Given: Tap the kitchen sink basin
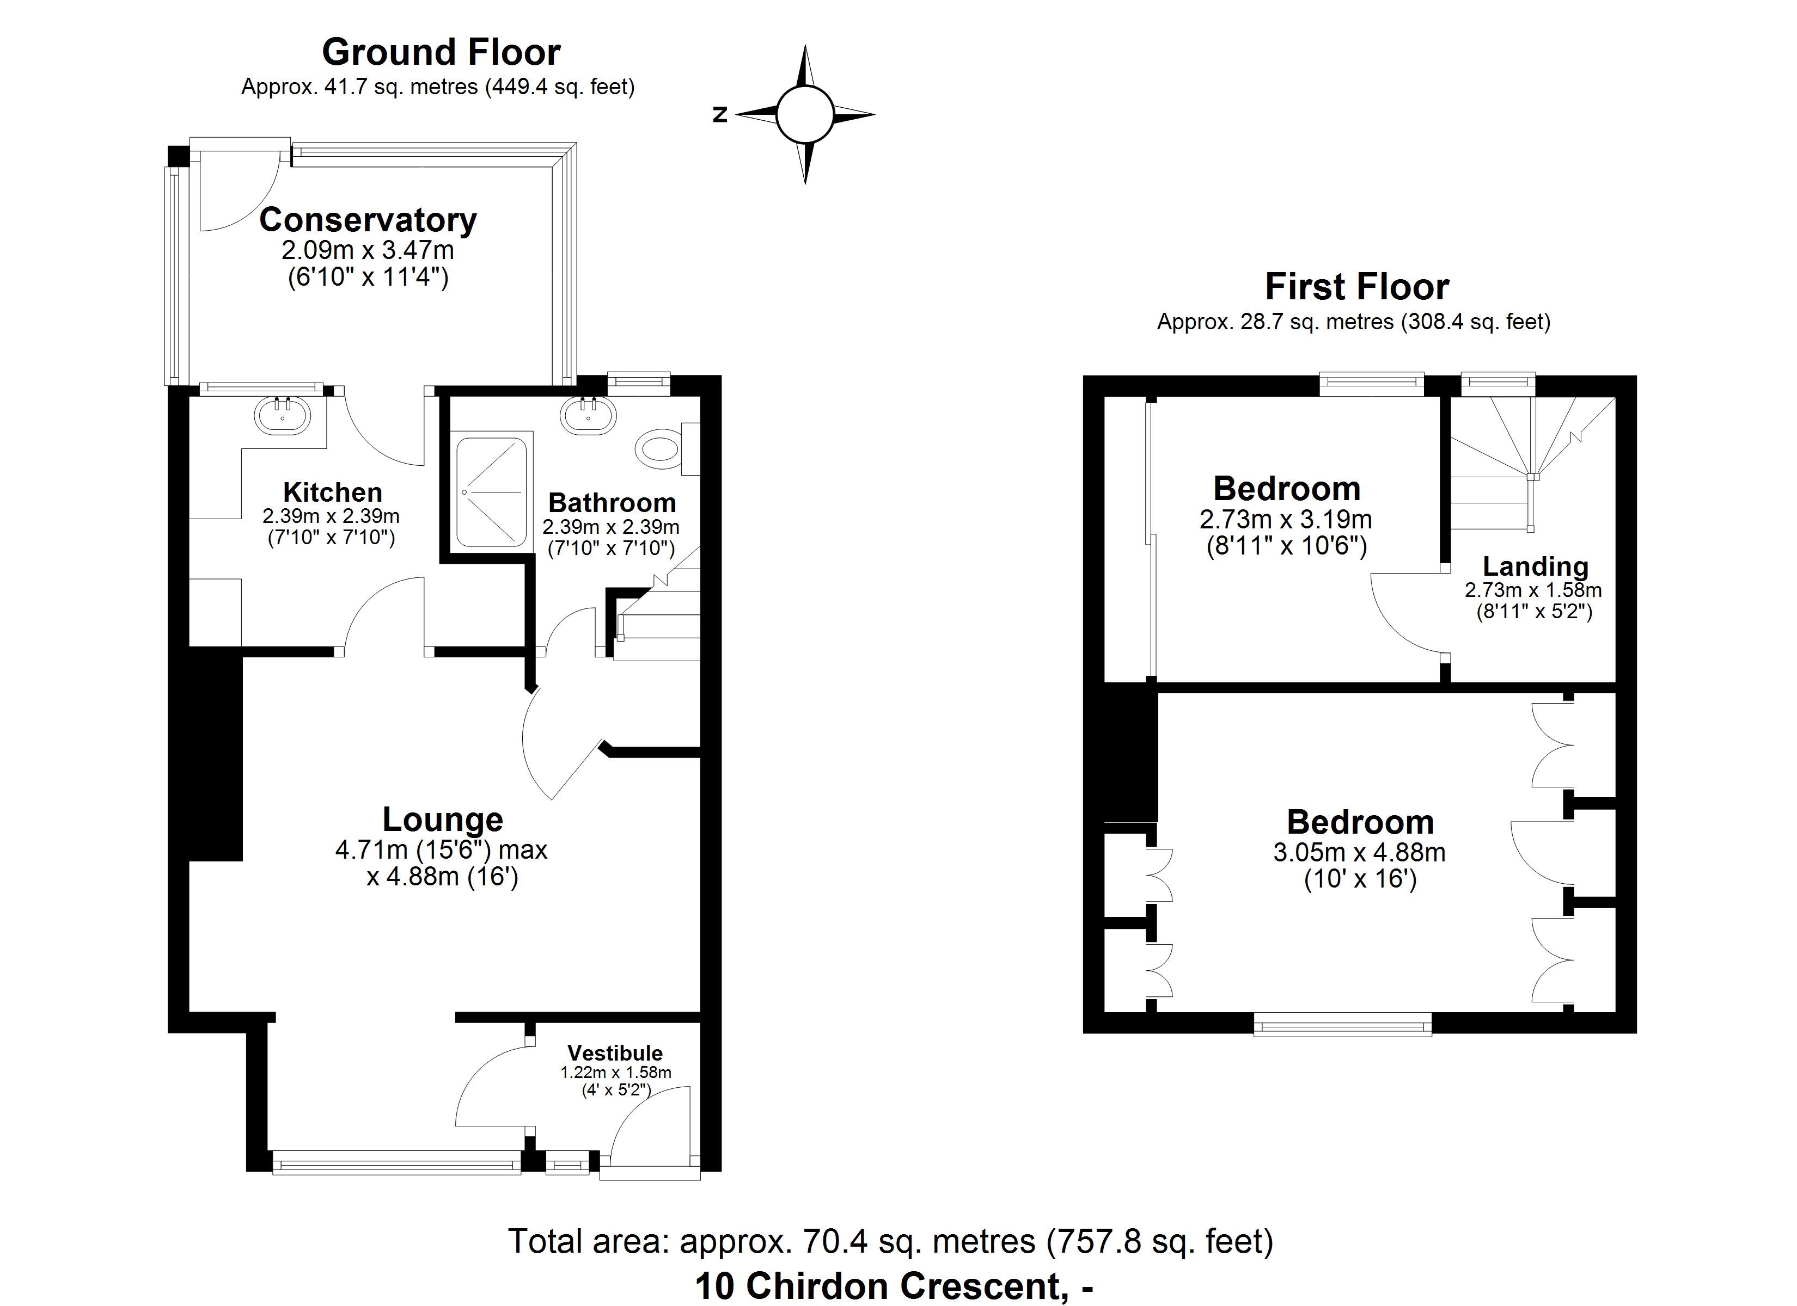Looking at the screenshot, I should (283, 414).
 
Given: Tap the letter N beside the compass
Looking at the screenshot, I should (719, 115).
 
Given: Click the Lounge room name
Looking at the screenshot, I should (442, 819).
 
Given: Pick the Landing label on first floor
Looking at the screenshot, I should (1535, 566).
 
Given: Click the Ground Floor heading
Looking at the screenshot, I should (441, 52).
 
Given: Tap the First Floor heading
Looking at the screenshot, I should (1356, 287).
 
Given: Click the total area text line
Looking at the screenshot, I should (890, 1241).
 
